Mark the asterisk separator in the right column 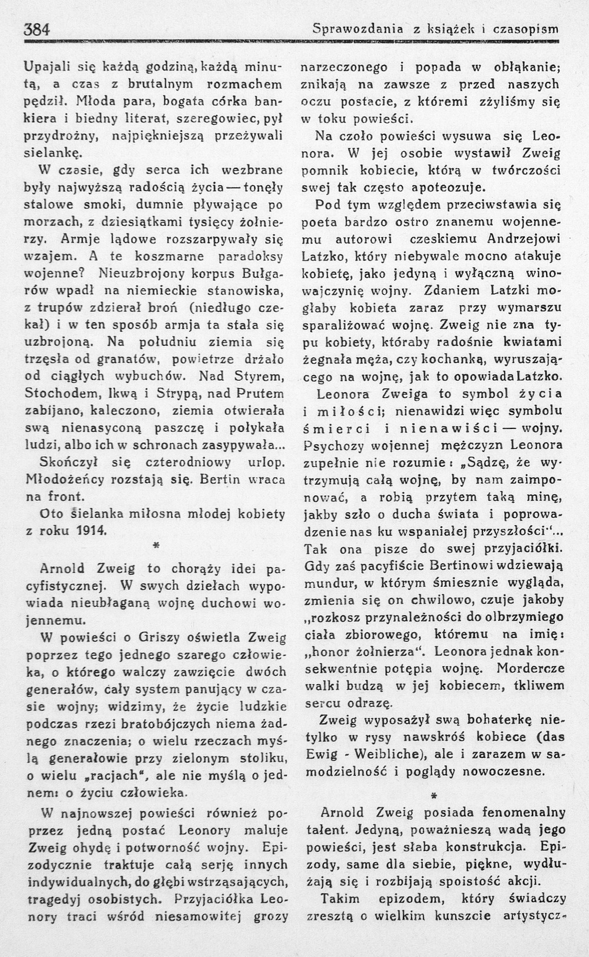434,796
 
